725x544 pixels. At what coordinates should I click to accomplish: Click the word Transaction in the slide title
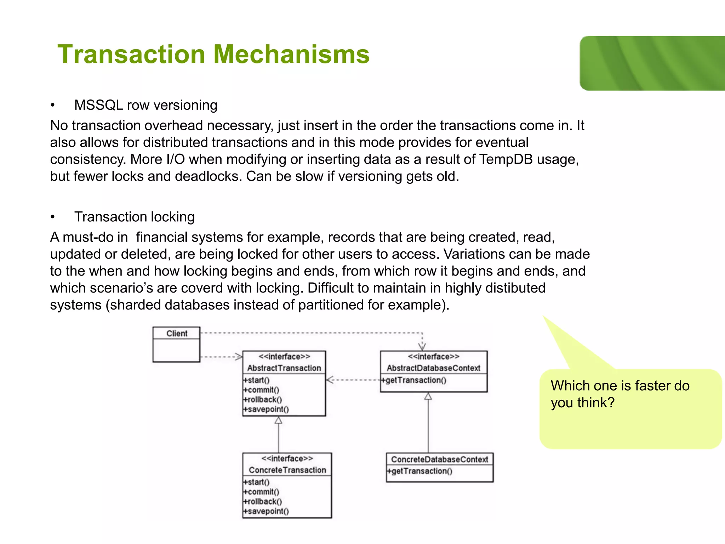[x=131, y=55]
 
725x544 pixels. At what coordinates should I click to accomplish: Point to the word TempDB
[x=506, y=159]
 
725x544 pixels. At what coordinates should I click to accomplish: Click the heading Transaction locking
[x=134, y=217]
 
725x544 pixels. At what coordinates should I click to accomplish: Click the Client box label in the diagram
[x=177, y=333]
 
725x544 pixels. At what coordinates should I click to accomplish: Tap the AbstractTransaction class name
[x=284, y=368]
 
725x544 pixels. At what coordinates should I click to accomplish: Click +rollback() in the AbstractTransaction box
[x=262, y=399]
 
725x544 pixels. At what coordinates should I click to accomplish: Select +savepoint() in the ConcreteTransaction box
[x=266, y=511]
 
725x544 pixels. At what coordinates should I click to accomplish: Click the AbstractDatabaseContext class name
[x=433, y=368]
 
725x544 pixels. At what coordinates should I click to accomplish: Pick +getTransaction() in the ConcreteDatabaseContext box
[x=419, y=471]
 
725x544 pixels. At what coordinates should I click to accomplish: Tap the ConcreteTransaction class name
[x=287, y=470]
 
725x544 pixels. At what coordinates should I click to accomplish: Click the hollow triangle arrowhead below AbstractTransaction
[x=279, y=420]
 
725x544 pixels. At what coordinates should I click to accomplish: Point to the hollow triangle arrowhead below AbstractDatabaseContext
[x=428, y=396]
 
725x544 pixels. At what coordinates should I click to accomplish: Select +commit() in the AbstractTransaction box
[x=261, y=390]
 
